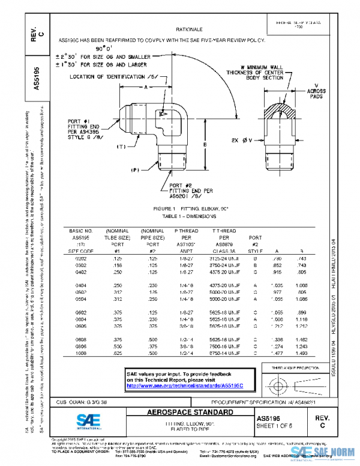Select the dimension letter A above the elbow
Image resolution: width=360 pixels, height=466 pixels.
[146, 87]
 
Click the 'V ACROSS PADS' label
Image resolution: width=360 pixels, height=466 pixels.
[316, 91]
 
